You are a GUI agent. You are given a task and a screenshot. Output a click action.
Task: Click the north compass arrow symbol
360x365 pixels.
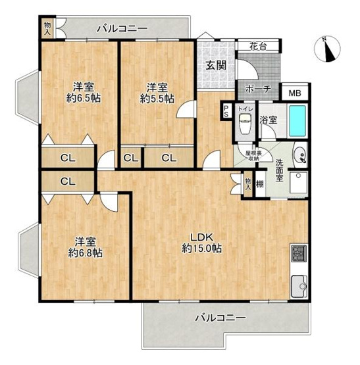tap(329, 50)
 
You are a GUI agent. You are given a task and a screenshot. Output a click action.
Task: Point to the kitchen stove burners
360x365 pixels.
tap(297, 255)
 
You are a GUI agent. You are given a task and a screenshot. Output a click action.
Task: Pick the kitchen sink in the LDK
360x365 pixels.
tap(298, 285)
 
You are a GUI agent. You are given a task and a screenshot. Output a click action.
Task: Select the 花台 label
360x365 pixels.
tap(257, 46)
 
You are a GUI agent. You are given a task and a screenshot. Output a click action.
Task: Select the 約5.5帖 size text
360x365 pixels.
tap(156, 99)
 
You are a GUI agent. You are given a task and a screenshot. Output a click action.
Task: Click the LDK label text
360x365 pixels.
tap(201, 236)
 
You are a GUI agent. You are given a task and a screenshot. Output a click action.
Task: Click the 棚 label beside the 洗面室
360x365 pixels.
tap(260, 185)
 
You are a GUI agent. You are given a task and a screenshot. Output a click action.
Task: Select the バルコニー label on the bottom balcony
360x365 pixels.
tap(220, 318)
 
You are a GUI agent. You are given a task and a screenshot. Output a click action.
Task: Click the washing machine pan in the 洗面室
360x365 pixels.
tap(297, 184)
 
